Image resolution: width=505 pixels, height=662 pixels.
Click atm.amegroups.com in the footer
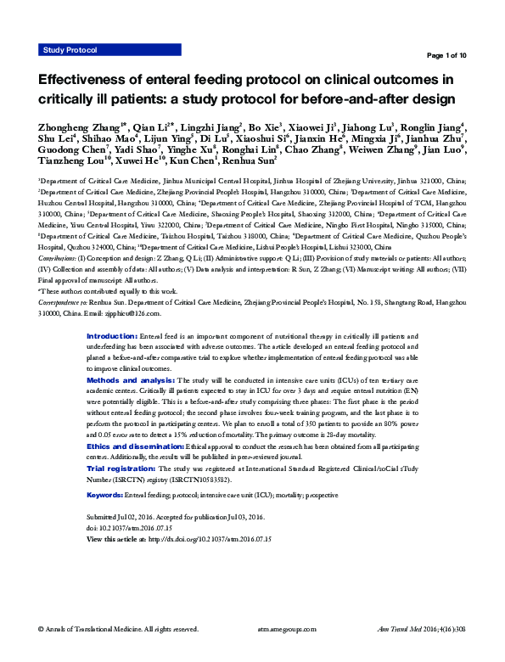285,629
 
